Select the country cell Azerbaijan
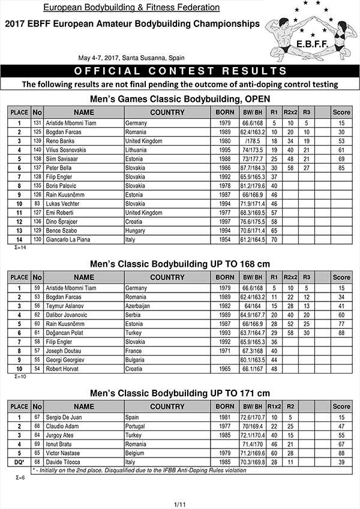coord(140,305)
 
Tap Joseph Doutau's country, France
coord(134,350)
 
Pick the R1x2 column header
coord(275,406)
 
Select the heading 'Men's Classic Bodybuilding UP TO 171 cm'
coord(180,393)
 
